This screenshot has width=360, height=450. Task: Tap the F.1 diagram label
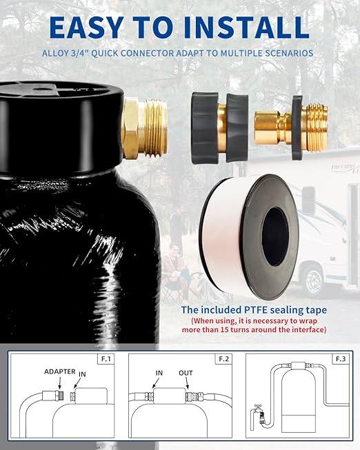pos(109,360)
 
